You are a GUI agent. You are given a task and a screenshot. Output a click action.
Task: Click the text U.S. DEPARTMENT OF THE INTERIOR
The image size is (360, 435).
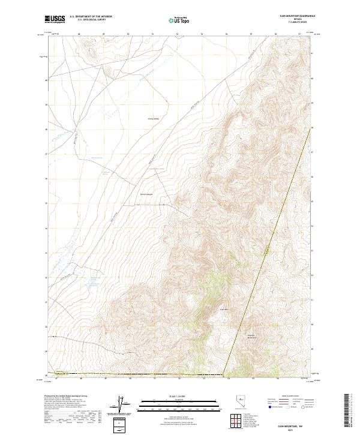[91, 16]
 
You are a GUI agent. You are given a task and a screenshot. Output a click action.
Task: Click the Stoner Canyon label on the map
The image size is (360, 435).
[146, 194]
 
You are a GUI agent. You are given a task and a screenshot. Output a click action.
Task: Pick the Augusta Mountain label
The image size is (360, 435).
[252, 336]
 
